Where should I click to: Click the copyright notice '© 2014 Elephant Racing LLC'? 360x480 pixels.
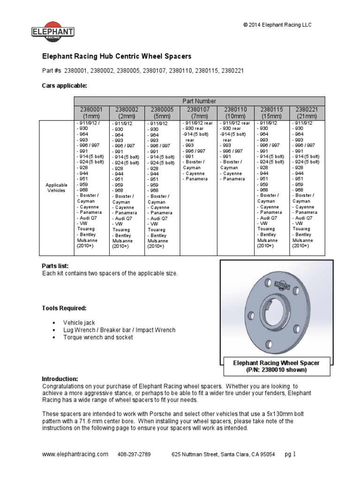click(x=277, y=25)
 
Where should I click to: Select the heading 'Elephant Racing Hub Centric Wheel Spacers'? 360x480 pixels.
click(x=117, y=56)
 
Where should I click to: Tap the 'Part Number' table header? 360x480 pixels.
click(x=199, y=101)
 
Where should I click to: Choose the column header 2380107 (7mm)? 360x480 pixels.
click(x=199, y=112)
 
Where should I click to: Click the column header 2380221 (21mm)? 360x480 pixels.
click(x=307, y=112)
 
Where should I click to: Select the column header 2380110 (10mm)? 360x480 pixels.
click(x=235, y=112)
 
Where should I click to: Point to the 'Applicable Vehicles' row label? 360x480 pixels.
click(x=57, y=188)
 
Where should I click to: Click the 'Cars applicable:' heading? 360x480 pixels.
click(x=65, y=86)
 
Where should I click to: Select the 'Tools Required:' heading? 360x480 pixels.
click(x=64, y=308)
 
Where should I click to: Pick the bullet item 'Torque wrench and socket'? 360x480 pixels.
click(x=98, y=337)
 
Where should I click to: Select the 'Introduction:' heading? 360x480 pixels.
click(x=60, y=379)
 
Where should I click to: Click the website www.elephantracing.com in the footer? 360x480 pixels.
click(x=75, y=454)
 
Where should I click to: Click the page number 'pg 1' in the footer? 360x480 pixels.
click(x=291, y=454)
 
